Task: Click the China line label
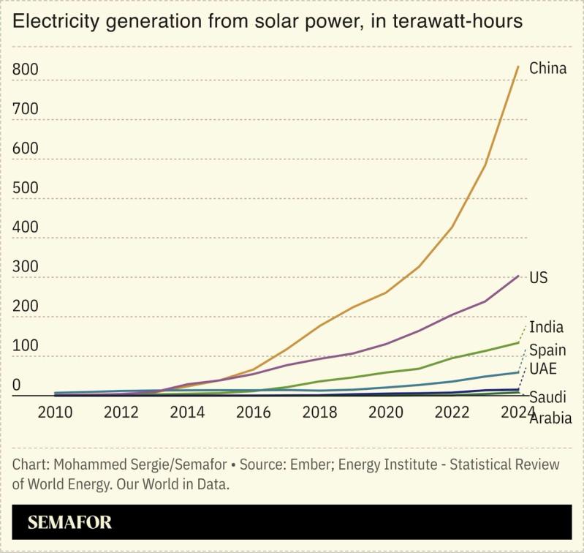[547, 69]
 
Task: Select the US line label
[538, 278]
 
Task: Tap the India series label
[546, 327]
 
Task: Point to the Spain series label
[547, 350]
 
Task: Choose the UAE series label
[543, 368]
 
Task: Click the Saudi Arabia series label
[550, 408]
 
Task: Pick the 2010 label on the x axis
[55, 411]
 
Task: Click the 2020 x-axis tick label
[386, 411]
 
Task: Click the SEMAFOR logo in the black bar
[69, 523]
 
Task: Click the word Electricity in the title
[58, 22]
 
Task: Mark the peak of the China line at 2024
[518, 67]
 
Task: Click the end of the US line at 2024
[518, 276]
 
